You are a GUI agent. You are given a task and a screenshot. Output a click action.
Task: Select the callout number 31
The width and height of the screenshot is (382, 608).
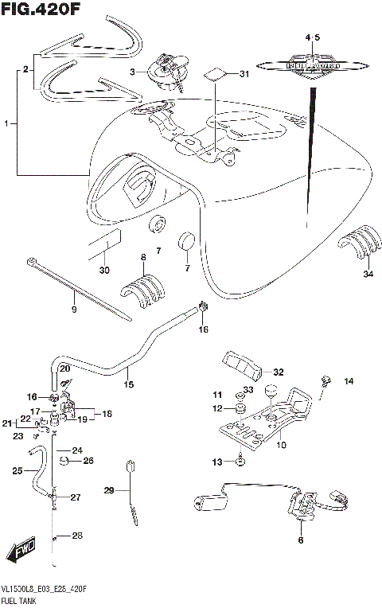click(x=244, y=75)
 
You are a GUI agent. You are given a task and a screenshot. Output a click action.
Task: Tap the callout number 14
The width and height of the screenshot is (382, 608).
click(x=348, y=382)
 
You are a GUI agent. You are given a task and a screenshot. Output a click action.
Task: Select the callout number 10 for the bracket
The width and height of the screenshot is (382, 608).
click(x=281, y=446)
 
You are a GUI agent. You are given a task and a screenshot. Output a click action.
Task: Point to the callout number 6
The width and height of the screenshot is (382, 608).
click(x=301, y=540)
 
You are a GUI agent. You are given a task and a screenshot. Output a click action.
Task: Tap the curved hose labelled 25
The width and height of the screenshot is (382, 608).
click(x=37, y=471)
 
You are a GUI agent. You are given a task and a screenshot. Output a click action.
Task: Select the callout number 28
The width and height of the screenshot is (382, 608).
click(x=77, y=536)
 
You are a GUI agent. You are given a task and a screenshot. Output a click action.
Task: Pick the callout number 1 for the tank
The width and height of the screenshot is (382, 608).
click(x=7, y=124)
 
